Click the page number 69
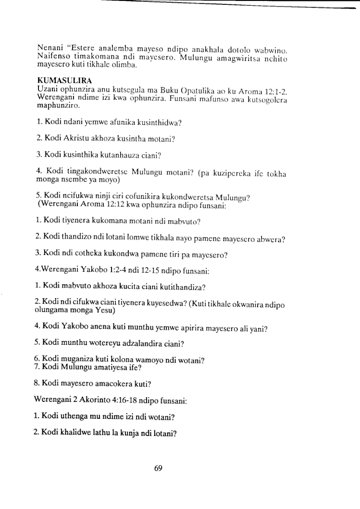coord(158,468)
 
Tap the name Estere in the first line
coord(87,48)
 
